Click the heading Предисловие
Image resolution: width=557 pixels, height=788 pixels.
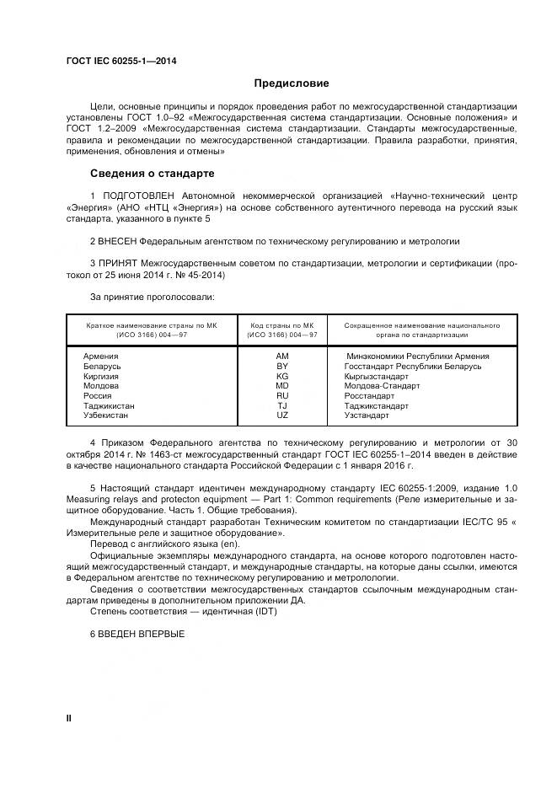pos(292,83)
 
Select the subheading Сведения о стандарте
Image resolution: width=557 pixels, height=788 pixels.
pos(153,174)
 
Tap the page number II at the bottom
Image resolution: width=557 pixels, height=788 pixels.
pos(69,716)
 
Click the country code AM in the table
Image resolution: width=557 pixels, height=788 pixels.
pos(282,356)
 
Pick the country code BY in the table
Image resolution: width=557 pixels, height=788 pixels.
pos(282,366)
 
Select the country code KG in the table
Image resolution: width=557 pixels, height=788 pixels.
pos(282,376)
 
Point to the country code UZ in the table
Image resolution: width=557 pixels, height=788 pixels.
pos(282,415)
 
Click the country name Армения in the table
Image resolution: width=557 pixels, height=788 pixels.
pos(101,356)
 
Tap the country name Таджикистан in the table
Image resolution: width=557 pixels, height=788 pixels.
pos(109,405)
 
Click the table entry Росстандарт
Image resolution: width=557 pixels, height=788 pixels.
pos(370,396)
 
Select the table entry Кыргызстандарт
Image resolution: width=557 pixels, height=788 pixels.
pos(377,376)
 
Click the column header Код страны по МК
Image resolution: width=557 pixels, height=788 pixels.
pos(282,324)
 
